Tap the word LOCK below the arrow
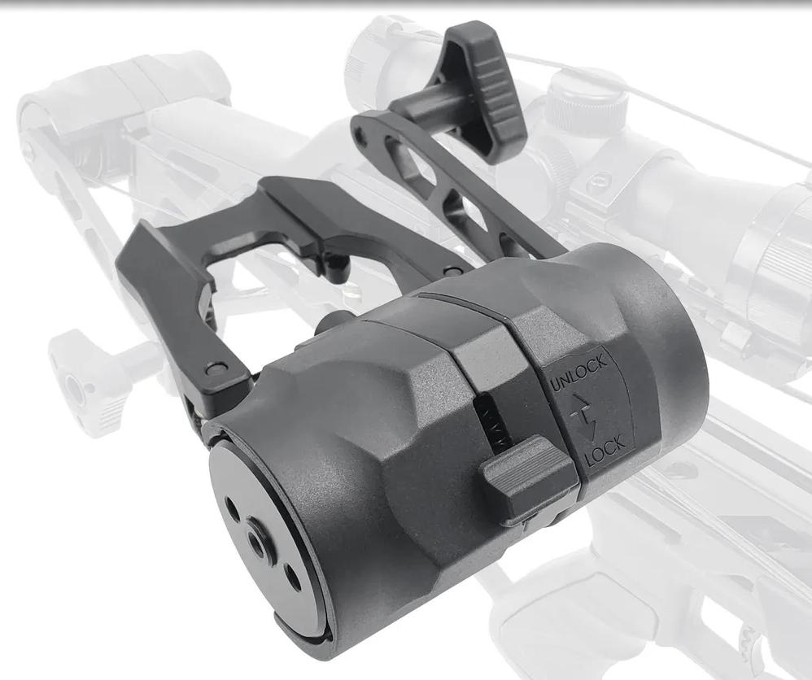point(605,451)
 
